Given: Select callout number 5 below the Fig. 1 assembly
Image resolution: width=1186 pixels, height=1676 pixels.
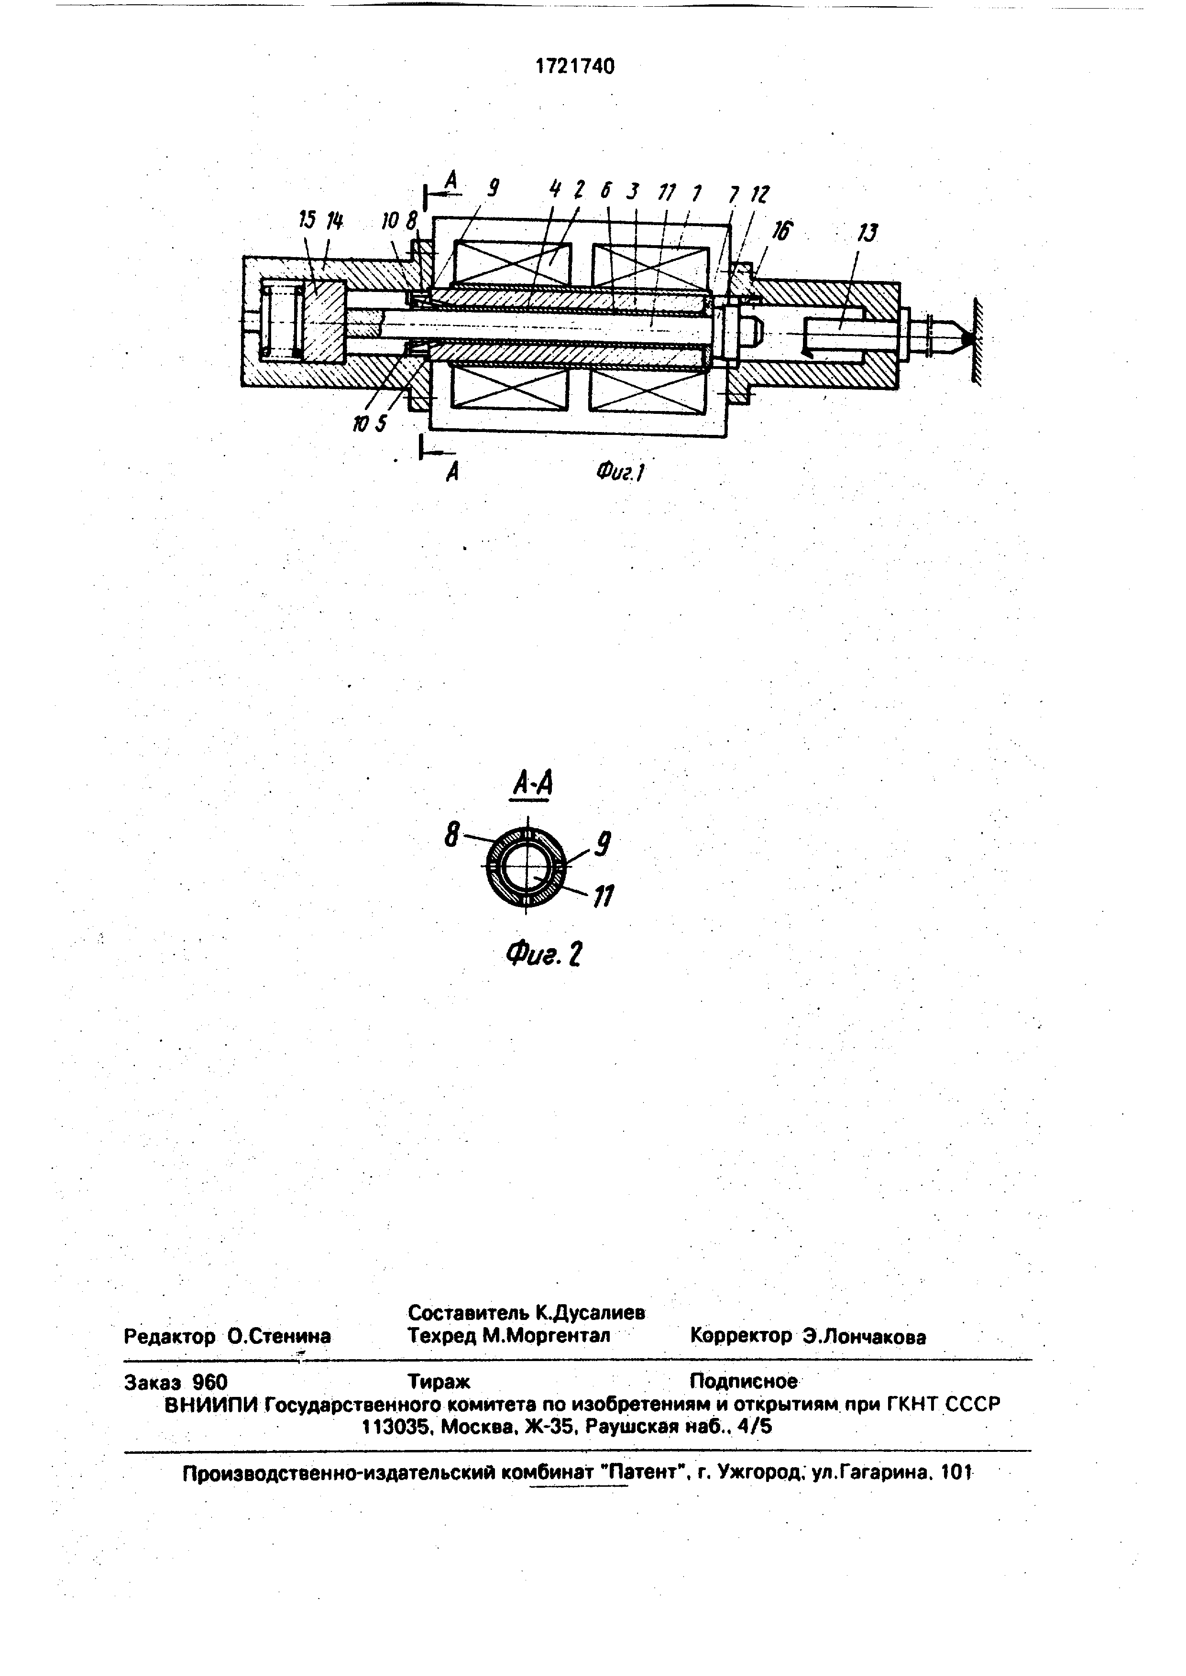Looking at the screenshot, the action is click(x=381, y=423).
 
